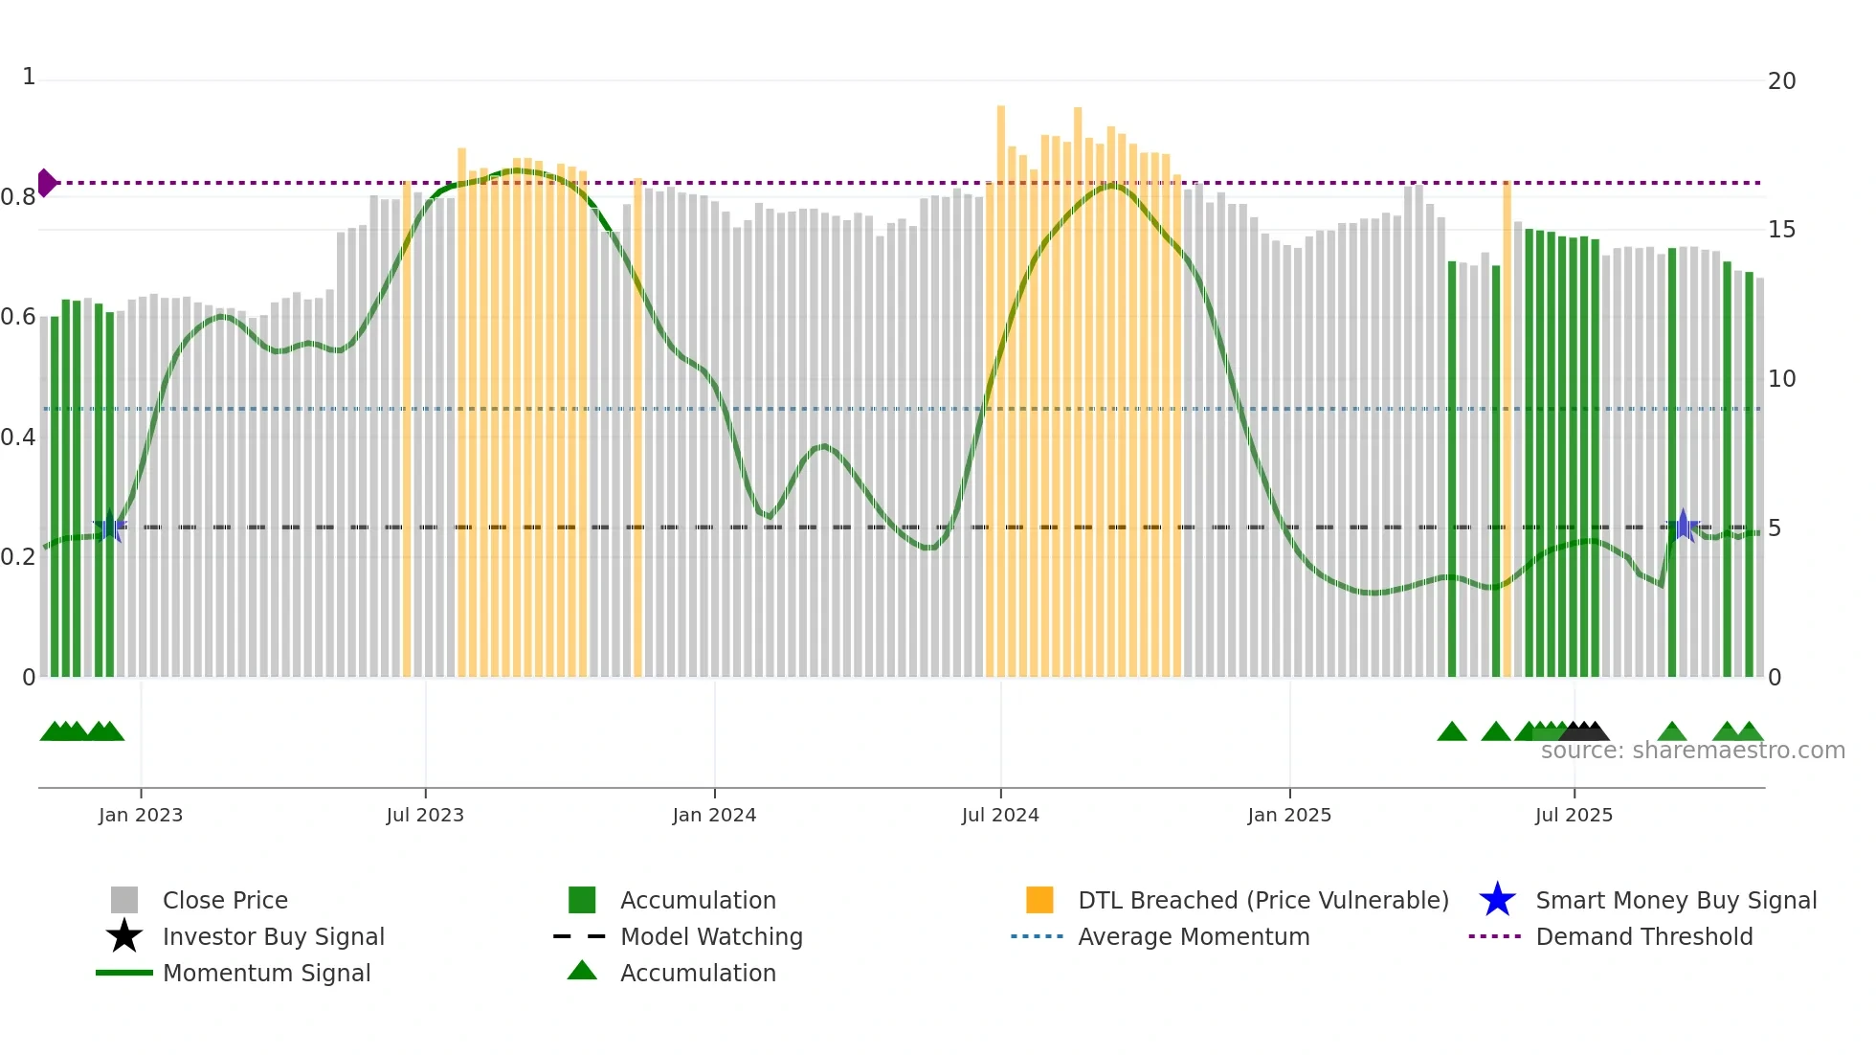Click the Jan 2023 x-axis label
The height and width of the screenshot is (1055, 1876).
(x=141, y=815)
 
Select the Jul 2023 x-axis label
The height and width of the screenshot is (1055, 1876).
(x=425, y=815)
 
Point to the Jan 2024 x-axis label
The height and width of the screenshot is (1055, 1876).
(x=714, y=815)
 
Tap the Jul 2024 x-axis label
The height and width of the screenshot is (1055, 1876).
(x=1000, y=815)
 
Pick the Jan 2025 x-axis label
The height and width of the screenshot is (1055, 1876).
(x=1289, y=815)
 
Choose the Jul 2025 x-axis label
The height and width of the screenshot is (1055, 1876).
(x=1574, y=815)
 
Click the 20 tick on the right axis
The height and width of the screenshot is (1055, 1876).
(x=1781, y=81)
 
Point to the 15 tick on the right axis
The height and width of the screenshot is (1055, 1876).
(x=1781, y=230)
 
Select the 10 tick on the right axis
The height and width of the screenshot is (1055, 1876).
(x=1781, y=379)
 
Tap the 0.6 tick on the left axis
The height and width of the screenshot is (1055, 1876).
(x=18, y=317)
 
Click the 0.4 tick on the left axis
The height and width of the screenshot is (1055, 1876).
(x=18, y=438)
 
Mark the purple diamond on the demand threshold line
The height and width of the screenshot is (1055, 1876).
(x=47, y=182)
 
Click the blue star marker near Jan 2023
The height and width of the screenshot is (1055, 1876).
(x=109, y=526)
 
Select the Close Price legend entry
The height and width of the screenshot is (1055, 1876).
(x=225, y=900)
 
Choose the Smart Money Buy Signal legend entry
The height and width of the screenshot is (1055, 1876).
(x=1675, y=900)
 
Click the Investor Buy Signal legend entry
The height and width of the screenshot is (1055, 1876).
(x=273, y=936)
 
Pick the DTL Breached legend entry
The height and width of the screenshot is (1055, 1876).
(x=1262, y=900)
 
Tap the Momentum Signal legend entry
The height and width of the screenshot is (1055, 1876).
(x=266, y=973)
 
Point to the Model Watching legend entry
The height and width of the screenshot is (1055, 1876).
(x=711, y=936)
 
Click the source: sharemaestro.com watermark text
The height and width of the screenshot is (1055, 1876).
(x=1692, y=751)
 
